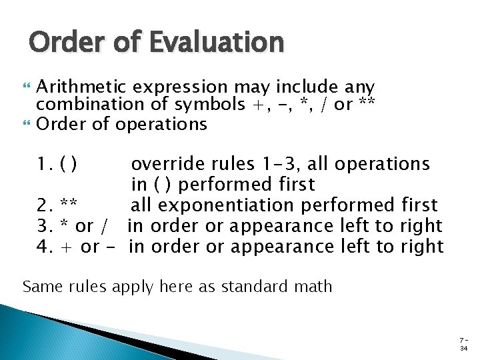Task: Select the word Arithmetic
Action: (x=82, y=87)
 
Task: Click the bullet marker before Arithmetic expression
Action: (x=26, y=87)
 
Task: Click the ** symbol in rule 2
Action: (x=69, y=205)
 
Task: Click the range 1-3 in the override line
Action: (x=280, y=163)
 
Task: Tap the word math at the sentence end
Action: (x=316, y=287)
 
